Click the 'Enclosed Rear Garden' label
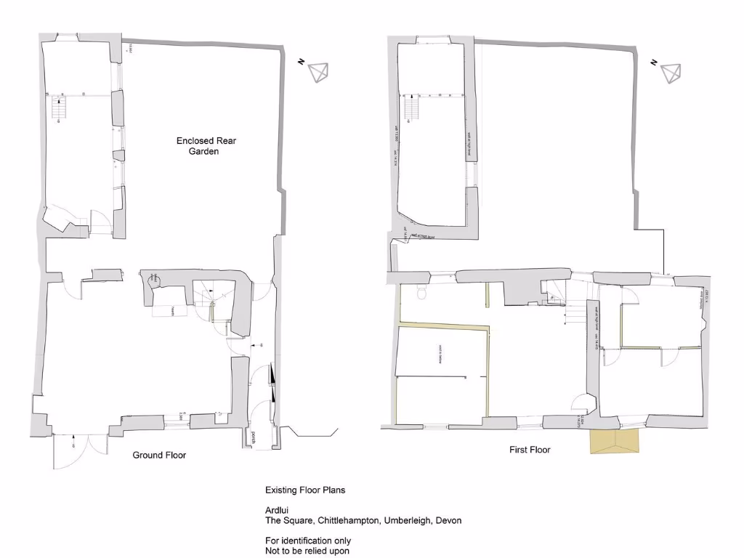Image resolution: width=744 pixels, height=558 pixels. [x=197, y=146]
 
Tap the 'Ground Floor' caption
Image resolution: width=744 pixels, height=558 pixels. [x=159, y=456]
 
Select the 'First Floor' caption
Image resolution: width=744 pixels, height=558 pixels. [x=529, y=450]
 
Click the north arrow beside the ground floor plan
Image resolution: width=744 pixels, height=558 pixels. [x=318, y=72]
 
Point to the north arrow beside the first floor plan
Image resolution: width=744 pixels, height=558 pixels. [x=670, y=73]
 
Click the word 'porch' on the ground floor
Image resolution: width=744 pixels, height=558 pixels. [x=254, y=438]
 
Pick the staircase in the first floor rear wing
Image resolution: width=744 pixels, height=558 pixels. [x=412, y=108]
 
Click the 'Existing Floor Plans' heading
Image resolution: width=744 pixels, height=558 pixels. [x=305, y=490]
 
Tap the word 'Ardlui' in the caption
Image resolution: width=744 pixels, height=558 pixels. [x=277, y=510]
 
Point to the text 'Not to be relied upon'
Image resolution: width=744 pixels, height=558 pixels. [x=307, y=551]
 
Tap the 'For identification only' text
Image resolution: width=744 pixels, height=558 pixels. [x=308, y=541]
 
